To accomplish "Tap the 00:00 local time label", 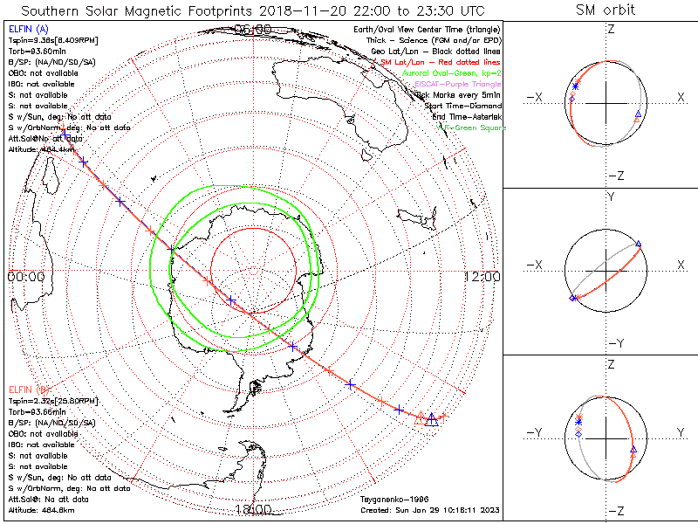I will (25, 276).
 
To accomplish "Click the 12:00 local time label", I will (482, 276).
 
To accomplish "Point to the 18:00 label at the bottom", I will (253, 509).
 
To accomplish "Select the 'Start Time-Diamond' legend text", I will (464, 106).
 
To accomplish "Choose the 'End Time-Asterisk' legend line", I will (467, 117).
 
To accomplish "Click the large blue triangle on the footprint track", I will (431, 418).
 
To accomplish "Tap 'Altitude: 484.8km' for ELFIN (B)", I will (43, 510).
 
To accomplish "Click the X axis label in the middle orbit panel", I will (680, 265).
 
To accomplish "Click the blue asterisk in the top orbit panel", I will (576, 86).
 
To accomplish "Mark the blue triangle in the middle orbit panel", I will (639, 244).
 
